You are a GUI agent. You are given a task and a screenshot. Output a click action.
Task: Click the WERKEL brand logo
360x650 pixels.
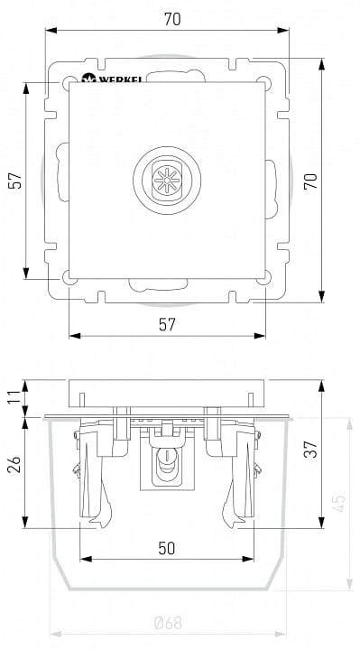(112, 78)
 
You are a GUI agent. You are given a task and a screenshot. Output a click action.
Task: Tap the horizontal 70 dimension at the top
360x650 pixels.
(172, 20)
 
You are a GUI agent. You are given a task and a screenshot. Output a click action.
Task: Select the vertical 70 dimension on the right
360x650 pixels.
(310, 181)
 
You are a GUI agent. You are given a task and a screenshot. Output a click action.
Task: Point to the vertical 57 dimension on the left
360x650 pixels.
(15, 181)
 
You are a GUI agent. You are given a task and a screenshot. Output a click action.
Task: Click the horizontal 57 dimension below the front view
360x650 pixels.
(167, 325)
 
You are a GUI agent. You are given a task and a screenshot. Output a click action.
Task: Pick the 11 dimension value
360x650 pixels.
(14, 398)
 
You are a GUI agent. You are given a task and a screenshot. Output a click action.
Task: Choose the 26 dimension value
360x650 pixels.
(14, 465)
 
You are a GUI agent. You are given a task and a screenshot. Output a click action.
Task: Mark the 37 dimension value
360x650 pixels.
(311, 449)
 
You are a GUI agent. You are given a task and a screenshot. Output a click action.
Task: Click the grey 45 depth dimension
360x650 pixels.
(339, 503)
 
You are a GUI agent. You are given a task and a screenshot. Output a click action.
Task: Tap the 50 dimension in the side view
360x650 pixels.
(167, 549)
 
